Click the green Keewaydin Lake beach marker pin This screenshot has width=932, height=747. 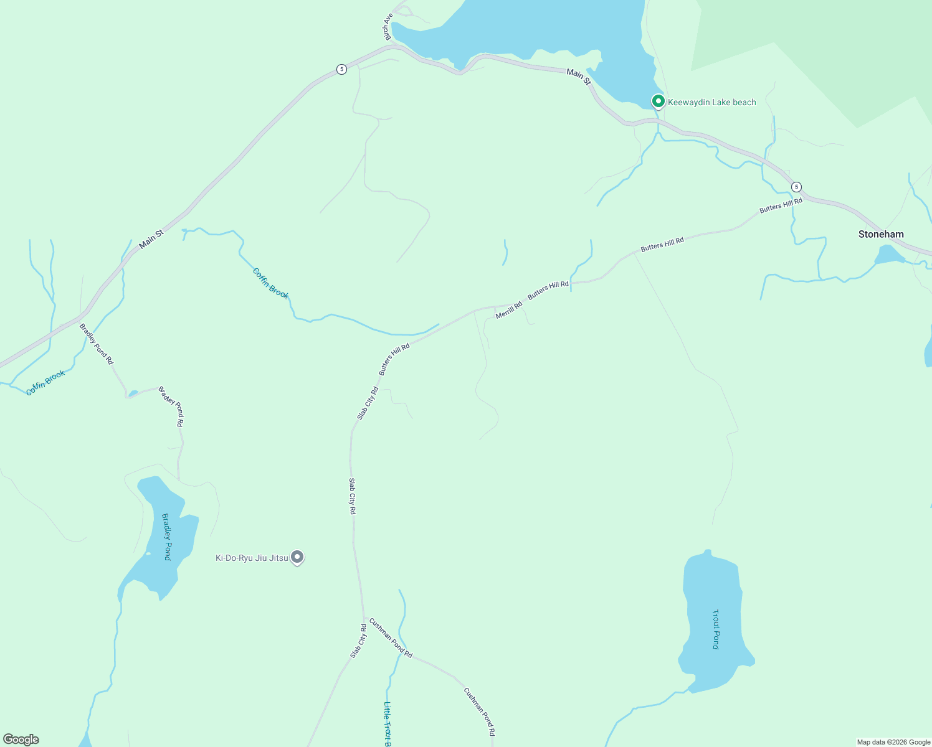pyautogui.click(x=658, y=101)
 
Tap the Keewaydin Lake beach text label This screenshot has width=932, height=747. pyautogui.click(x=712, y=102)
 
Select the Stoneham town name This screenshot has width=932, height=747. pyautogui.click(x=881, y=234)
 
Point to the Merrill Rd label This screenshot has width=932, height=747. pyautogui.click(x=509, y=311)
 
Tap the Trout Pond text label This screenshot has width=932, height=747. pyautogui.click(x=716, y=629)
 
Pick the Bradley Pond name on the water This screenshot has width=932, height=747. pyautogui.click(x=166, y=537)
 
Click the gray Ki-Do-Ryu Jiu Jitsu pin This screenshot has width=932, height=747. pyautogui.click(x=298, y=557)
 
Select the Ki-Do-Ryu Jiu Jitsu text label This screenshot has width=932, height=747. pyautogui.click(x=252, y=558)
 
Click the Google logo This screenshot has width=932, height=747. pyautogui.click(x=21, y=740)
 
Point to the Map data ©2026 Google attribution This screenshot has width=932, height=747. pyautogui.click(x=893, y=742)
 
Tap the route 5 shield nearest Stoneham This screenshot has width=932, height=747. pyautogui.click(x=796, y=187)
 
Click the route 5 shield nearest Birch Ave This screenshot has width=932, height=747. pyautogui.click(x=341, y=69)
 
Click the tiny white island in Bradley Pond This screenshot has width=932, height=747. pyautogui.click(x=148, y=553)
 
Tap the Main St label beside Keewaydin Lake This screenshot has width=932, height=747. pyautogui.click(x=578, y=77)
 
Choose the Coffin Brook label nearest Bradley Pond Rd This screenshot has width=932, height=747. pyautogui.click(x=45, y=383)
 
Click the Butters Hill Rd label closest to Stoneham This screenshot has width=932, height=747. pyautogui.click(x=781, y=206)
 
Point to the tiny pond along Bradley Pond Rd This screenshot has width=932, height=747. pyautogui.click(x=132, y=393)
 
